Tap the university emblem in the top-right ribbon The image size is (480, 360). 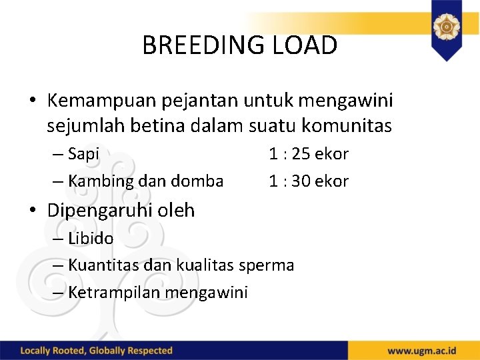[446, 27]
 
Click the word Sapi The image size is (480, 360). [83, 154]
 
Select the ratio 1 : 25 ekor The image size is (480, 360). [308, 154]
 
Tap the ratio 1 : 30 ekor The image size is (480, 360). [308, 181]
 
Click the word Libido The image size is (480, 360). [91, 238]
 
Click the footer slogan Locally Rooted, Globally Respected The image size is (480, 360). [97, 351]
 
